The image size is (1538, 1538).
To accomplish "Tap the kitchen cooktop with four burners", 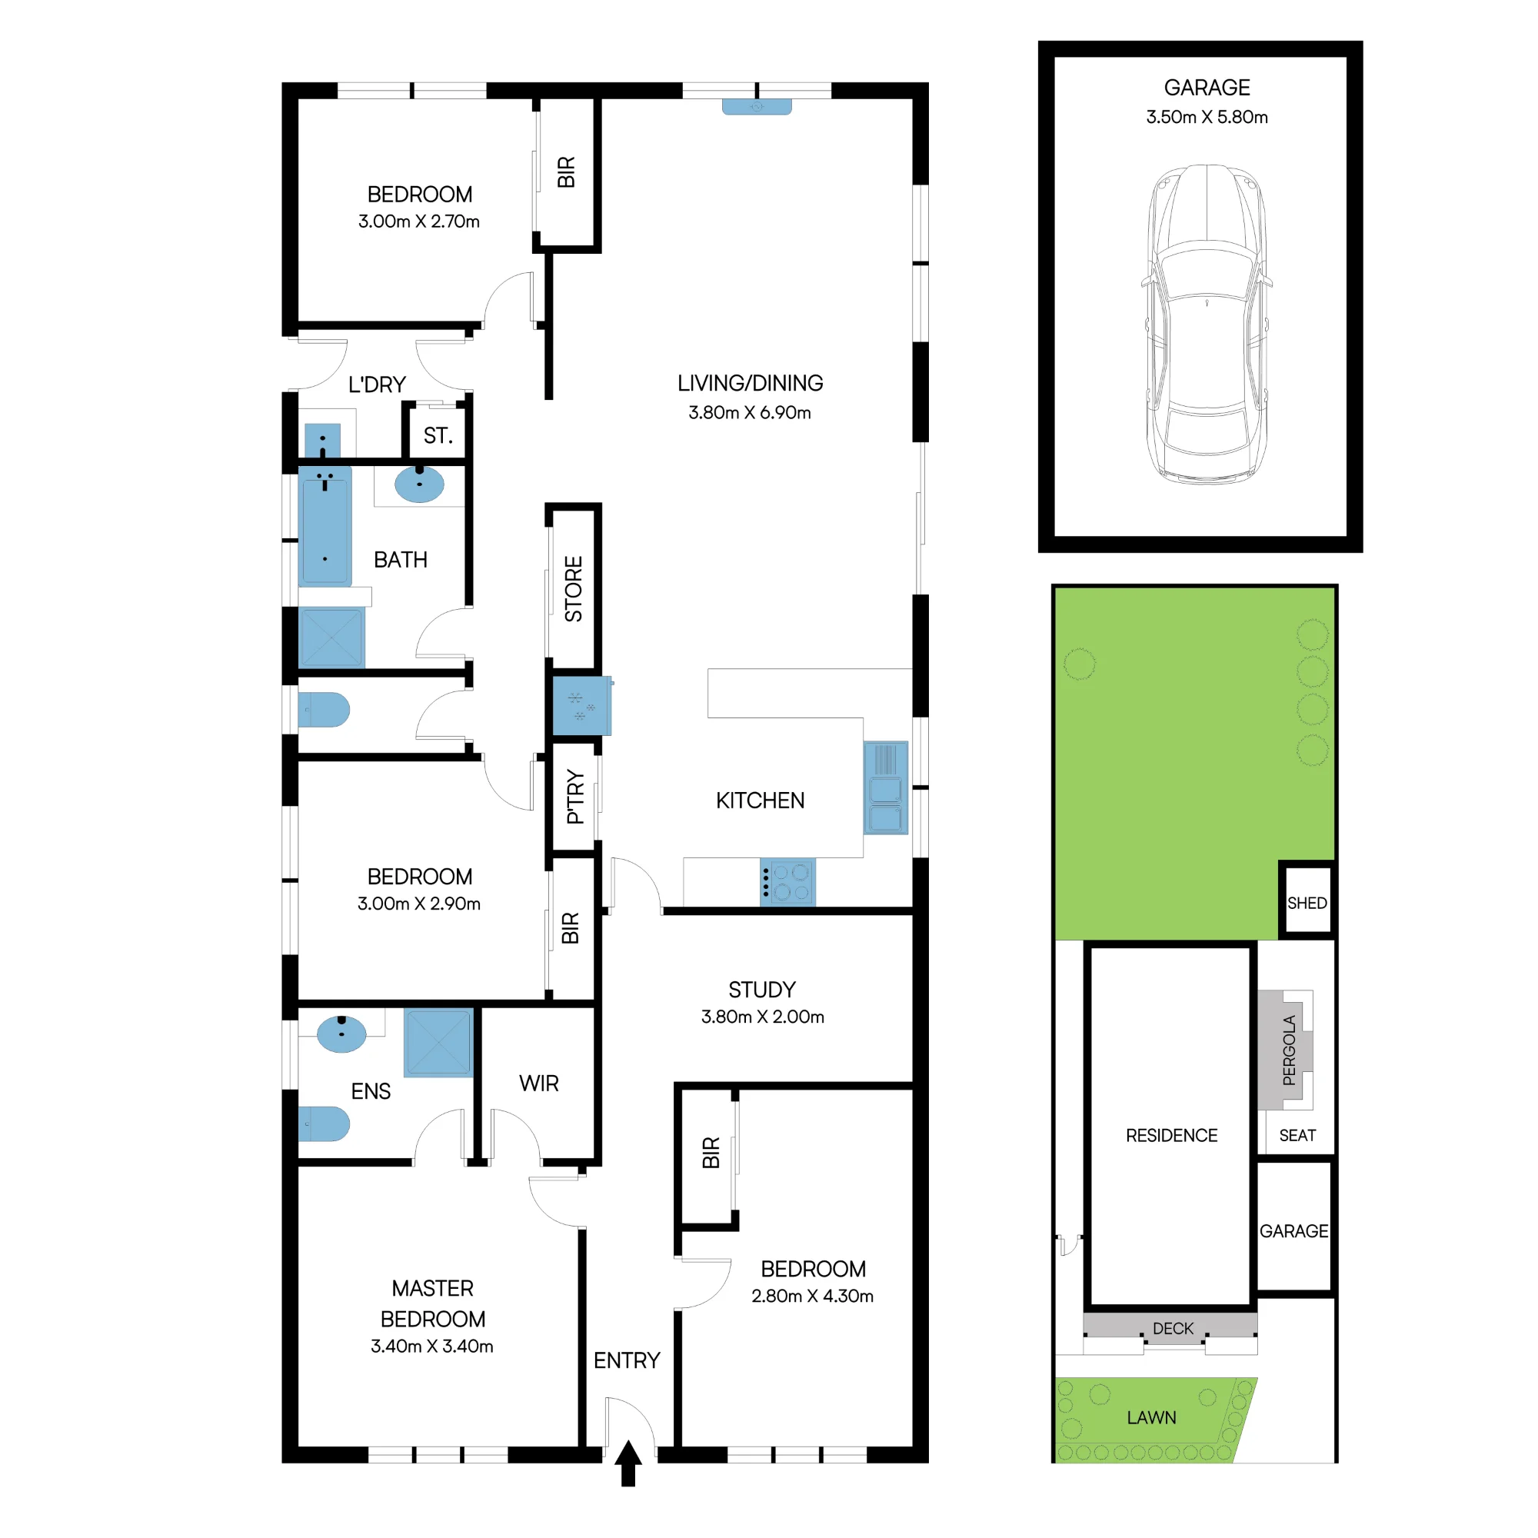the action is click(787, 882).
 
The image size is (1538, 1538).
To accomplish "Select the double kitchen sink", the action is click(885, 787).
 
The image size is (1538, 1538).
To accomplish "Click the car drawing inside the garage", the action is click(1207, 325).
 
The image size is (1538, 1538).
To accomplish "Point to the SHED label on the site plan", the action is click(1307, 903).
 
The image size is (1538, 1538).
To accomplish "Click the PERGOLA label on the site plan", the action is click(1289, 1050).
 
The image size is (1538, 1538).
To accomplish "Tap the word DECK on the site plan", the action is click(1173, 1328).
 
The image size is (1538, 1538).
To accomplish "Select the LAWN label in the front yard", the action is click(1151, 1417).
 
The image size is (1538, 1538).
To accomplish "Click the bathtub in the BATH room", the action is click(325, 525).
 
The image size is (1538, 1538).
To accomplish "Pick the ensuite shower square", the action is click(438, 1043).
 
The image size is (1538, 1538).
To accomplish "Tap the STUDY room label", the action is click(762, 990).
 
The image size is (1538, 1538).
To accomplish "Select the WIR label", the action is click(539, 1084).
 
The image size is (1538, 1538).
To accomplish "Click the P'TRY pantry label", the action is click(574, 796).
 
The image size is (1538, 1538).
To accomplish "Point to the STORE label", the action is click(573, 589).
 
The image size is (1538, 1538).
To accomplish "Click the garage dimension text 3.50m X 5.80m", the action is click(1207, 117).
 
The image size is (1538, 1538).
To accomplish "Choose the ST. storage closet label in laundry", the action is click(438, 435).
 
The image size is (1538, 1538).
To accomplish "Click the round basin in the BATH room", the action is click(420, 484).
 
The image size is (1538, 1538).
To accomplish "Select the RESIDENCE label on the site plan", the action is click(1171, 1135).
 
